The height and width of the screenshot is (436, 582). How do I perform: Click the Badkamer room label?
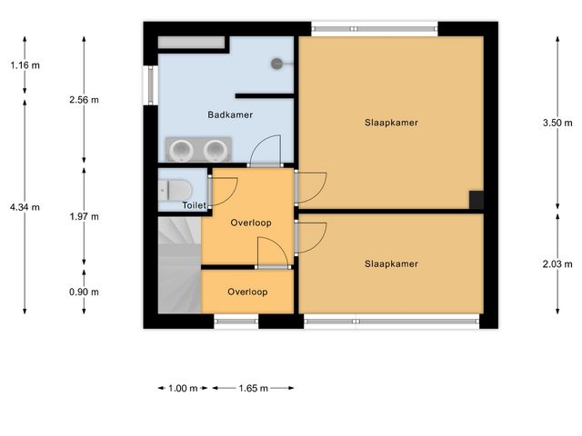point(230,115)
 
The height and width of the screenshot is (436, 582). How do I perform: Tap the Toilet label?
point(194,205)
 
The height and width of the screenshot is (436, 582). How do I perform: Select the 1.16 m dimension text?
point(25,65)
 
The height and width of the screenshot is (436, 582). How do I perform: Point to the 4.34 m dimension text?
point(25,207)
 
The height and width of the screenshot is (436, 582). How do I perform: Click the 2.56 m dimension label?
point(85,100)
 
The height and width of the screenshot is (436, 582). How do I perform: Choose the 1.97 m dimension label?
point(85,216)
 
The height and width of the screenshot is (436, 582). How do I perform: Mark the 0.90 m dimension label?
point(85,292)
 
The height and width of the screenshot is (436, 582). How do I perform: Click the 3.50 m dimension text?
point(557,124)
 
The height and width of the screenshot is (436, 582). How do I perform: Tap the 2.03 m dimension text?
point(557,264)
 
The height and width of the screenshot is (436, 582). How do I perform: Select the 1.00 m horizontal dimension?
point(183,389)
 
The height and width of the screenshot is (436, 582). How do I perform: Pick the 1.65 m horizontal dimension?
point(253,389)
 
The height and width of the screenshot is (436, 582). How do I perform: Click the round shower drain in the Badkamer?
point(276,64)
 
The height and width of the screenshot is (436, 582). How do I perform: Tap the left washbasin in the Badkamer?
point(181,150)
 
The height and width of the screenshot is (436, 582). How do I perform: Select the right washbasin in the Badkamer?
point(216,150)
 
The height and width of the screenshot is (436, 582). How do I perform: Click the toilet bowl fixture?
point(176,190)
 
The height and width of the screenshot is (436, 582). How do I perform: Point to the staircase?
point(180,265)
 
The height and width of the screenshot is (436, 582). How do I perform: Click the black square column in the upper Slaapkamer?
point(477,200)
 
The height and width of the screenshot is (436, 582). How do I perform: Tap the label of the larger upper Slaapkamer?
point(391,123)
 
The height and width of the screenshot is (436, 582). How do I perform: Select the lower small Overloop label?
point(247,292)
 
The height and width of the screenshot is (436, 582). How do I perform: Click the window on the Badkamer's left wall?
point(151,85)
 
